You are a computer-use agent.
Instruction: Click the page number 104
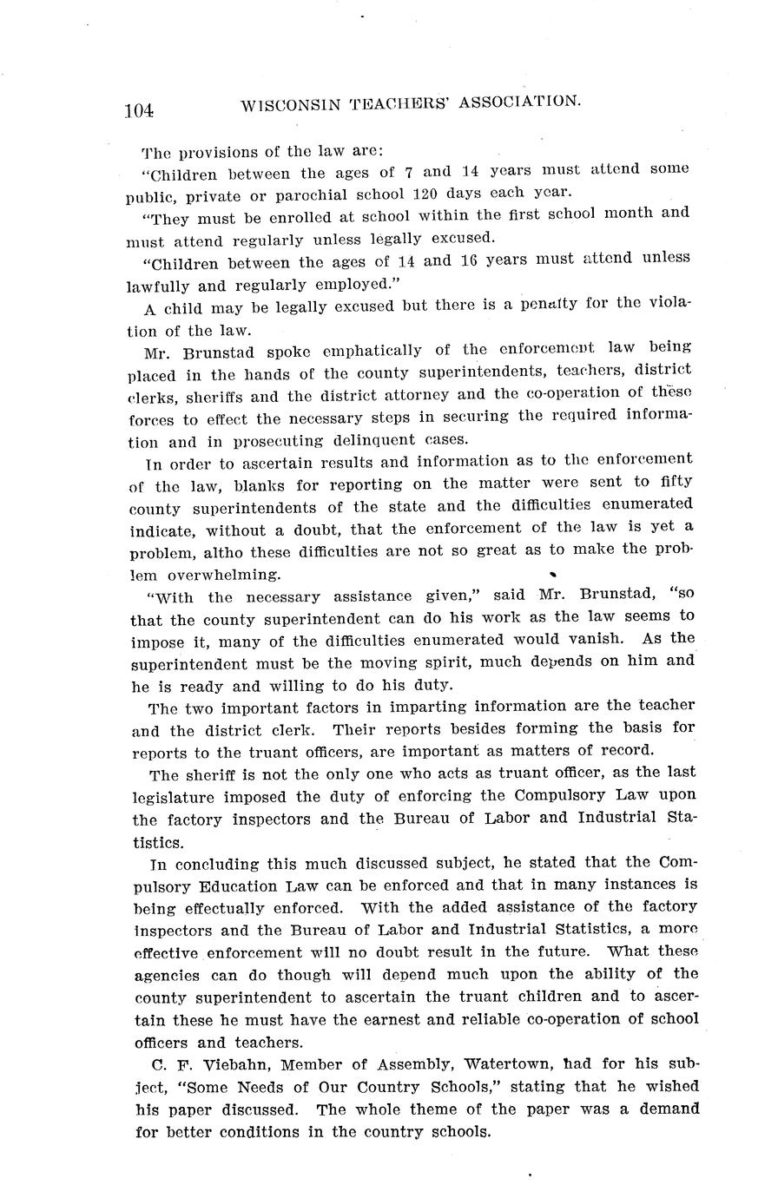coord(139,110)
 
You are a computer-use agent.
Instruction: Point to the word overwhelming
coord(224,574)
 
